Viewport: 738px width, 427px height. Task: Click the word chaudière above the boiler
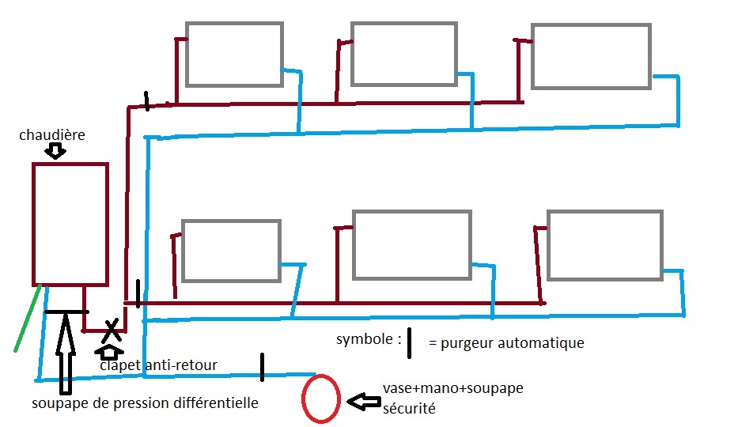coord(51,135)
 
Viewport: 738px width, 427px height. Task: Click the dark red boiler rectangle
coord(70,223)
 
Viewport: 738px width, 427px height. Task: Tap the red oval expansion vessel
coord(321,399)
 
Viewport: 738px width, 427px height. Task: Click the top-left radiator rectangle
coord(234,54)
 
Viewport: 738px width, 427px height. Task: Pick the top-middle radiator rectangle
coord(404,54)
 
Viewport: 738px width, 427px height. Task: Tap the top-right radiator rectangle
coord(591,55)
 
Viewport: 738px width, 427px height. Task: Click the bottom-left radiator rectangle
coord(230,250)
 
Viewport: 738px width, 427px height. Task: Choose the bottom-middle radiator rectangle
coord(411,244)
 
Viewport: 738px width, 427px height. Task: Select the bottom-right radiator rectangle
coord(604,244)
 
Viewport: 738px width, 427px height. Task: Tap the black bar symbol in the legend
coord(409,344)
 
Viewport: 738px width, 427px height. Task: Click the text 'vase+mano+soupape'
coord(453,388)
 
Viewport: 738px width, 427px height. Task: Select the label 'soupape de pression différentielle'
coord(145,403)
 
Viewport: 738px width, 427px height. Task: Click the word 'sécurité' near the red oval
coord(410,409)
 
